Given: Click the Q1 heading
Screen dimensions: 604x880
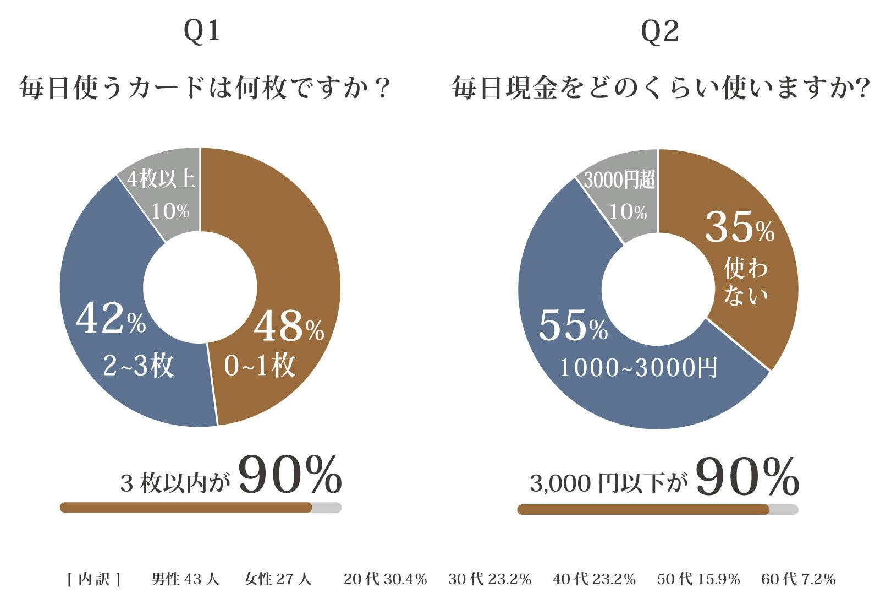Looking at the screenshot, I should [201, 31].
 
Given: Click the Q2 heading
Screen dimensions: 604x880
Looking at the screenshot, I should [659, 31].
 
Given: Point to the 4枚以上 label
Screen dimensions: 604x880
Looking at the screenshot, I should [161, 179].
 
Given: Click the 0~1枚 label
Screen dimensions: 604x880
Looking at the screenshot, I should [260, 365].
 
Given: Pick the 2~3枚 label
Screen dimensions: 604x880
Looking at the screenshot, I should [138, 365].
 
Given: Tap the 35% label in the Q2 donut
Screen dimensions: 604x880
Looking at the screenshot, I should [739, 227].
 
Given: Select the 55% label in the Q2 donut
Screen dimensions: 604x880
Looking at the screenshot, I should [573, 326].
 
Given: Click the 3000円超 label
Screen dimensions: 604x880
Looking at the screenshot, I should [619, 180].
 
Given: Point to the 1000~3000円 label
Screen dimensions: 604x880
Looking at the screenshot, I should [638, 368].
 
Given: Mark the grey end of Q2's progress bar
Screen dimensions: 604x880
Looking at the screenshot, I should [784, 509].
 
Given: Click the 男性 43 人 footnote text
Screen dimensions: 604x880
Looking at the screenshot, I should [185, 579].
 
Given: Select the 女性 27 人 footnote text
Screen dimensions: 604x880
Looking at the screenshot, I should [277, 579].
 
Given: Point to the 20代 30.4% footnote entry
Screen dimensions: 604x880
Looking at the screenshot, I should [385, 579].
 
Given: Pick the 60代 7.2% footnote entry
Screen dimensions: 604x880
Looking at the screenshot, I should [798, 579].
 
